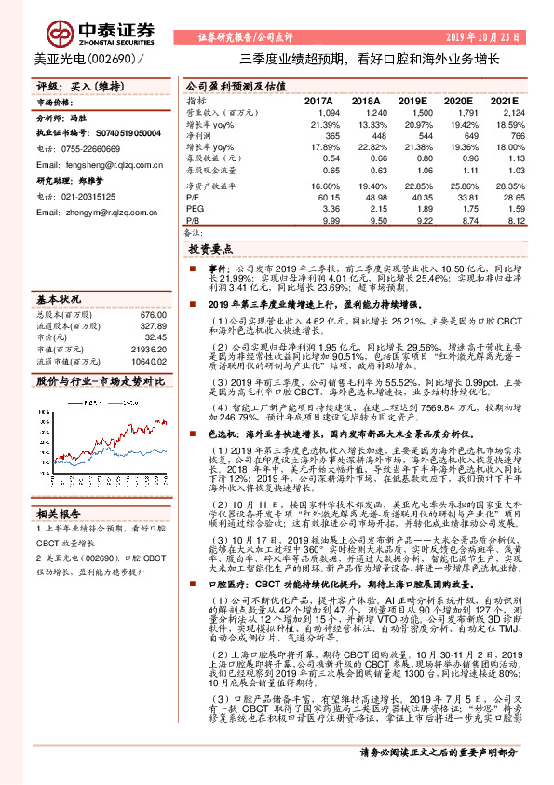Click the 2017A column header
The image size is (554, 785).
click(318, 101)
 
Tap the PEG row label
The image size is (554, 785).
click(195, 209)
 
